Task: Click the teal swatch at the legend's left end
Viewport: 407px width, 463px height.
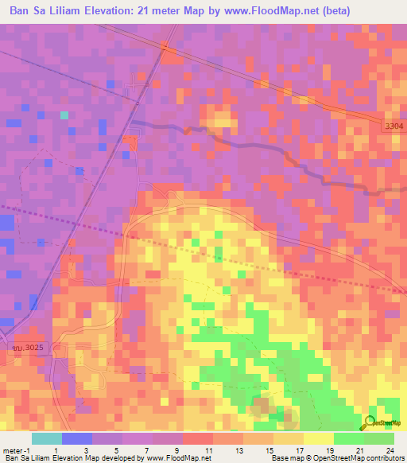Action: [46, 438]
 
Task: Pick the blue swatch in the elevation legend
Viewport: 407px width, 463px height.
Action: [76, 438]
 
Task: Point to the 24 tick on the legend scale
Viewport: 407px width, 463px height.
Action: [390, 449]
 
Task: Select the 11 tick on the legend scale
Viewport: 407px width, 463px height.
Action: [208, 449]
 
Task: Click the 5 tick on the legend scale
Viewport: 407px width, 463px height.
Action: [118, 449]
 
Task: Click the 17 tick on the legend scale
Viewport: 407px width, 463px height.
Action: [299, 449]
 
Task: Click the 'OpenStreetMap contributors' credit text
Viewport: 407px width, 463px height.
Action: [356, 458]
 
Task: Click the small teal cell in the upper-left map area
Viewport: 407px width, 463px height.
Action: [64, 115]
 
